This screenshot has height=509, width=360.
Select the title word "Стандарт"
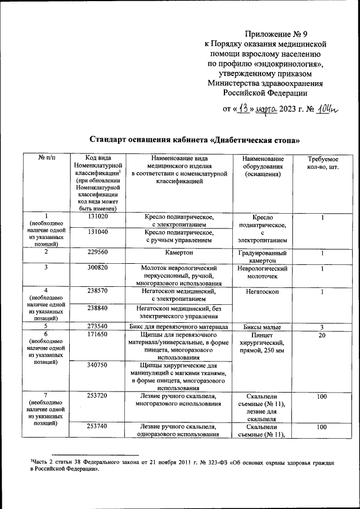pyautogui.click(x=115, y=139)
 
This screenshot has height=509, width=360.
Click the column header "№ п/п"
pyautogui.click(x=46, y=160)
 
